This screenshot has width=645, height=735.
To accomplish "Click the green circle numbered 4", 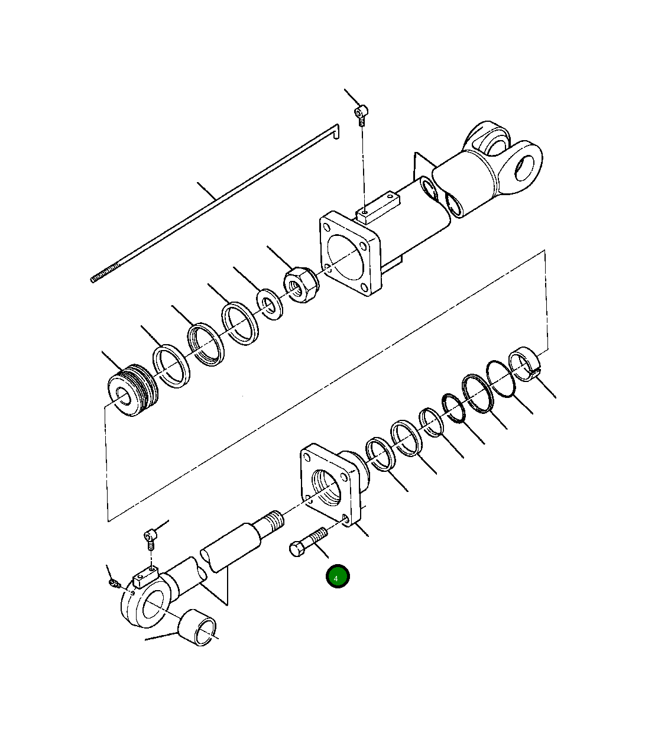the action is (x=338, y=576).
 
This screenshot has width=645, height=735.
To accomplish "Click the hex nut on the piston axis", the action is (x=302, y=285).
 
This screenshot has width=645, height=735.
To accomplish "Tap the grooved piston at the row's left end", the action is (x=133, y=390).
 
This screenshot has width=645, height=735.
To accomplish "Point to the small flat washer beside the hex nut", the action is (x=270, y=304).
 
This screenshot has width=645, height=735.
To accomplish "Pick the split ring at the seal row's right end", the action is (x=524, y=364).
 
